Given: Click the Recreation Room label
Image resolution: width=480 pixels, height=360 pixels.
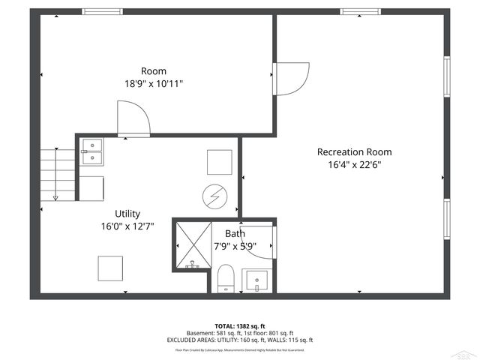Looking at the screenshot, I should (x=354, y=151).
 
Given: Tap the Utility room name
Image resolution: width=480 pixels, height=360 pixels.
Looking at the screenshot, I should (x=127, y=214).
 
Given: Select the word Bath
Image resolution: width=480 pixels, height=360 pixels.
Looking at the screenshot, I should (x=235, y=233).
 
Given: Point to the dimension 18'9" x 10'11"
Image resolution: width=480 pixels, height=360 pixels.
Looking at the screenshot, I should (x=154, y=84).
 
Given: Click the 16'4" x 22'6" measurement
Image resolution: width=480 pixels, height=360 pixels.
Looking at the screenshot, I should (x=354, y=165).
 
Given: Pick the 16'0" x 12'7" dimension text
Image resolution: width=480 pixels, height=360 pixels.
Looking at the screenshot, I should (x=127, y=226).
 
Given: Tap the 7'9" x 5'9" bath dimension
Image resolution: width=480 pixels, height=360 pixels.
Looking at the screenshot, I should (x=235, y=245).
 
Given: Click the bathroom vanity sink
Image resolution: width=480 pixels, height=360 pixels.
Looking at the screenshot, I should (x=258, y=280).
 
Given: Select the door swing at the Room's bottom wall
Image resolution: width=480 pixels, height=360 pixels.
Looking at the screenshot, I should (x=133, y=120).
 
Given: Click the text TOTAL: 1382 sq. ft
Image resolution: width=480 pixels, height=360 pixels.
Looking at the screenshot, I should (x=239, y=325).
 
